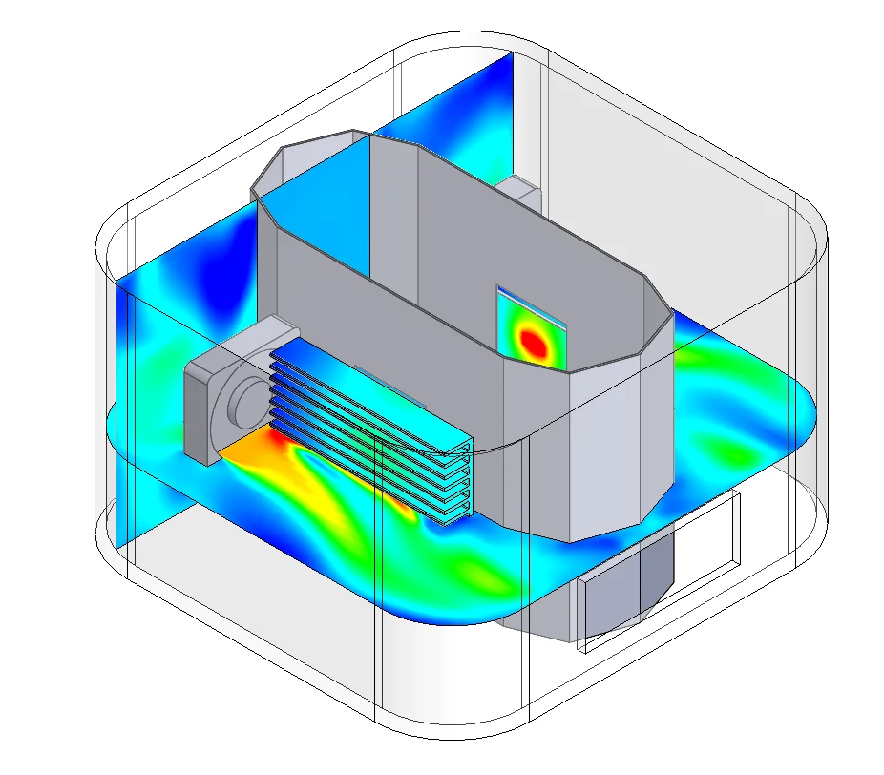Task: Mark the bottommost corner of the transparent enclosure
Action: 449,735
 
